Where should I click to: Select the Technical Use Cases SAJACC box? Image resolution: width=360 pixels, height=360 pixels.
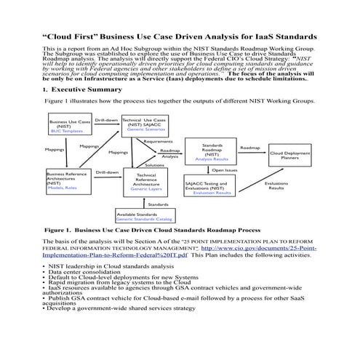tap(143, 124)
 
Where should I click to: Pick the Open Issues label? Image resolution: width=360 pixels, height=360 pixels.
tap(224, 171)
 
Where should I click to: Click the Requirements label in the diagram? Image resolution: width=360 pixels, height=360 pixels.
tap(158, 142)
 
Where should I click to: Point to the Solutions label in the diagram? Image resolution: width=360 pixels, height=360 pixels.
tap(153, 165)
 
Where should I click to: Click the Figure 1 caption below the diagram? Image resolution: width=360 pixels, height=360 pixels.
tap(153, 230)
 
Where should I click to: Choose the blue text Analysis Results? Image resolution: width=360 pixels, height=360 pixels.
tap(212, 159)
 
